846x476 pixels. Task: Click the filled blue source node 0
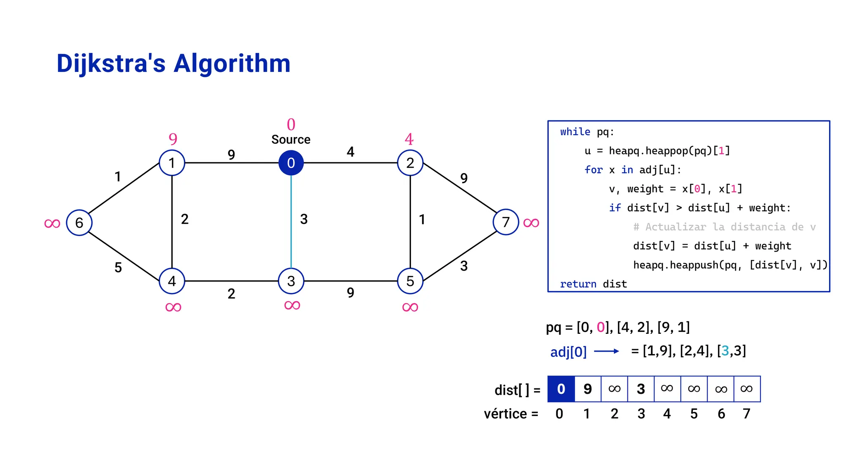pos(291,163)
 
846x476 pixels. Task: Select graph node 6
pos(79,223)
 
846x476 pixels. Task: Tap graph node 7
pos(506,222)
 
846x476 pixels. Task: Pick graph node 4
pos(172,281)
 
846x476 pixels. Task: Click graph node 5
pos(410,281)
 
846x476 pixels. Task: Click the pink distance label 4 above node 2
pos(409,139)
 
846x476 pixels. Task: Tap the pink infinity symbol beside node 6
pos(52,224)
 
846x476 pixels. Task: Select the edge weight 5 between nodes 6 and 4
pos(118,268)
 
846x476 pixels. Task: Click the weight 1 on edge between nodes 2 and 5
pos(422,219)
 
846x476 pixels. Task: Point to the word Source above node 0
pos(291,140)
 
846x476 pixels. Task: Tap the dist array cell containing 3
pos(641,389)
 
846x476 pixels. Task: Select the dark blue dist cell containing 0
pos(561,389)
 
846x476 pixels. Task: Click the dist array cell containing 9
pos(587,389)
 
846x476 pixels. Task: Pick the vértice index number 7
pos(746,414)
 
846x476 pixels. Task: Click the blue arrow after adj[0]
pos(606,351)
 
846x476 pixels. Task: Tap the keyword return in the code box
pos(578,284)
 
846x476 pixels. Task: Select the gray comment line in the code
pos(724,227)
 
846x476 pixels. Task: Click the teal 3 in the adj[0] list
pos(725,351)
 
